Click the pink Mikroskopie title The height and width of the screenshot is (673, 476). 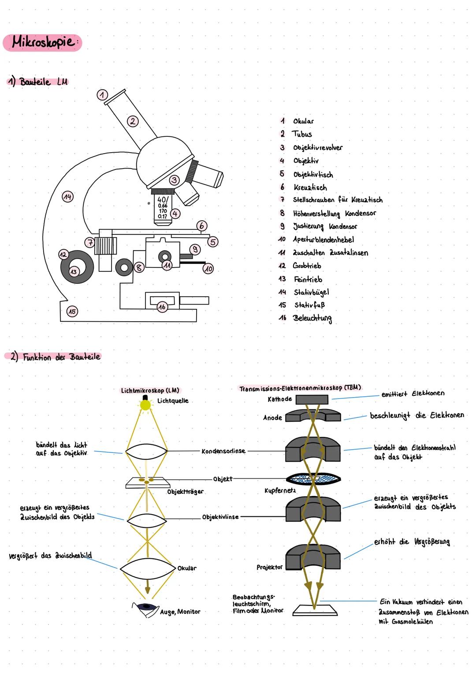tap(43, 43)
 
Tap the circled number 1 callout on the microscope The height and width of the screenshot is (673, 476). tap(102, 95)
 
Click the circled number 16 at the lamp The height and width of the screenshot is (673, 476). tap(162, 307)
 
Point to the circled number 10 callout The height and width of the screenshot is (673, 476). tap(208, 268)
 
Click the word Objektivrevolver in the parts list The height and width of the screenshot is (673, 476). tap(317, 148)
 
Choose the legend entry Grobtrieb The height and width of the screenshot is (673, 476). tap(307, 266)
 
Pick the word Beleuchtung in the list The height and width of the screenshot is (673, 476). tap(312, 318)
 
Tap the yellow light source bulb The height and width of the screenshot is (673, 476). tap(145, 404)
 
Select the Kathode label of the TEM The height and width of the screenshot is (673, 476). tap(279, 399)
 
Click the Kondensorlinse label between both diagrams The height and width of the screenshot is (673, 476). tap(223, 451)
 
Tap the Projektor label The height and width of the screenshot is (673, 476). tap(269, 568)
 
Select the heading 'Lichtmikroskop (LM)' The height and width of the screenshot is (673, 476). tap(150, 391)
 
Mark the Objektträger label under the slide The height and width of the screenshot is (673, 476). tap(185, 492)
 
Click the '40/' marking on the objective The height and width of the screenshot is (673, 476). tap(162, 199)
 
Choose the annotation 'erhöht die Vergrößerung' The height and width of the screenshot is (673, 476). tap(412, 542)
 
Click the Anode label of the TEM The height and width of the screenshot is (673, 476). tap(272, 417)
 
